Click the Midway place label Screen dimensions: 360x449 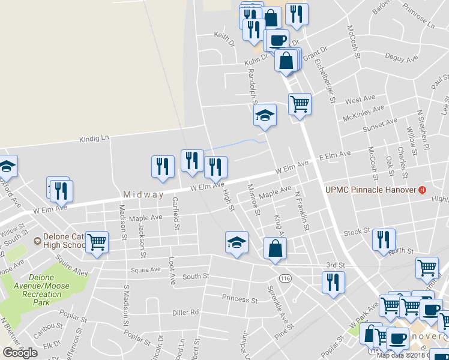[x=143, y=195]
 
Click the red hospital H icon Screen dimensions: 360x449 [x=423, y=190]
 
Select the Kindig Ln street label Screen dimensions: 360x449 [x=94, y=139]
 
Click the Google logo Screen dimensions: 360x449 [x=20, y=352]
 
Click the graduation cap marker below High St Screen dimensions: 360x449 [x=237, y=243]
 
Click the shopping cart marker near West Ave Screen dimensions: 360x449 [x=300, y=104]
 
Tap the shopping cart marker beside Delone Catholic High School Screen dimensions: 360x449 [x=97, y=243]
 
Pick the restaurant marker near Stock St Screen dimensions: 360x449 [x=382, y=239]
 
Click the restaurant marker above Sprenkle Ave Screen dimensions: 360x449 [x=332, y=282]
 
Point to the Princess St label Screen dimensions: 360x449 [x=239, y=299]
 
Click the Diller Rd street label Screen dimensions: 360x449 [x=185, y=312]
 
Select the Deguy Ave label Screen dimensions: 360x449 [x=402, y=59]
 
